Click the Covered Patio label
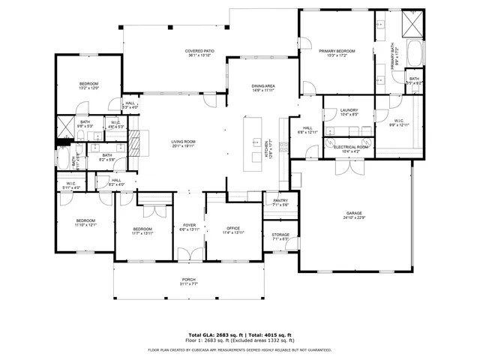coord(200,53)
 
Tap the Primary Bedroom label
coord(336,53)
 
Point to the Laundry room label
coord(348,112)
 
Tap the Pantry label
coord(280,202)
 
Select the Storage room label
coord(280,236)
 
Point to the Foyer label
coord(189,228)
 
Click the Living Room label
coord(183,144)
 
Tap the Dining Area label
coord(263,88)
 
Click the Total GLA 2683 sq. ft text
coord(215,334)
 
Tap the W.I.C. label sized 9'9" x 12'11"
coord(398,123)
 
